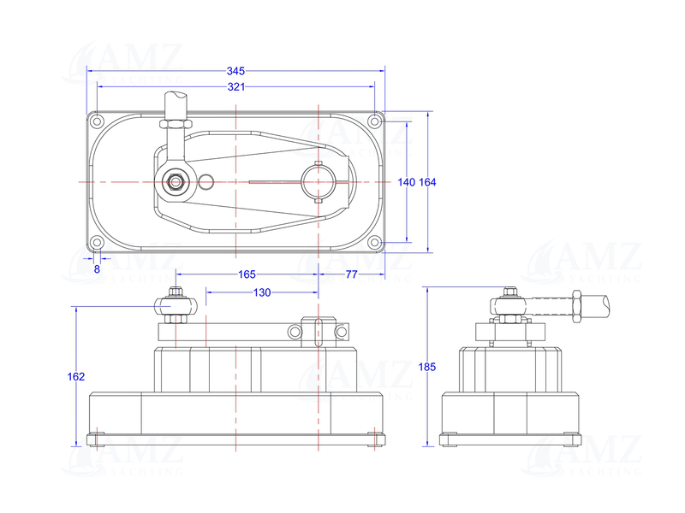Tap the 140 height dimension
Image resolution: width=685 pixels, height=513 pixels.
(x=406, y=182)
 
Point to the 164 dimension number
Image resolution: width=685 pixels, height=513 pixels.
(x=427, y=182)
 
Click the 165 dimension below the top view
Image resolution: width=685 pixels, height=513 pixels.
(x=247, y=274)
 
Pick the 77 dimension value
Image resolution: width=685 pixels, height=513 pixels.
(x=351, y=274)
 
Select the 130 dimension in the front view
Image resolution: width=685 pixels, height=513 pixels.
(x=262, y=292)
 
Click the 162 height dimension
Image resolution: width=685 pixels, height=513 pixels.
(x=76, y=376)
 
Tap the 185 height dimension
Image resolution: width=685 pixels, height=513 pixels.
(x=428, y=367)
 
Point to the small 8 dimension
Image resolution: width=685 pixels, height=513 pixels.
(x=97, y=268)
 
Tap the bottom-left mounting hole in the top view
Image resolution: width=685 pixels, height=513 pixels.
(x=98, y=244)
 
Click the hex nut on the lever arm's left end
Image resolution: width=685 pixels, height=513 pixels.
(x=175, y=181)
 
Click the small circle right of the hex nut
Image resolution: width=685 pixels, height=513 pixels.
(x=205, y=181)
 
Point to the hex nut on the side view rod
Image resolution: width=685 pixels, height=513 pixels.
(x=575, y=304)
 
